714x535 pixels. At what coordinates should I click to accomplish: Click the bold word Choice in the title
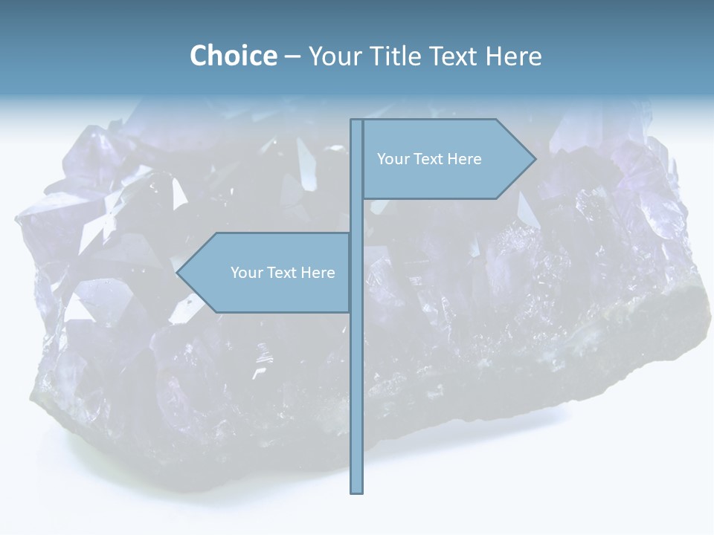[x=233, y=56]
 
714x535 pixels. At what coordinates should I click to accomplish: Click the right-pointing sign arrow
[x=446, y=159]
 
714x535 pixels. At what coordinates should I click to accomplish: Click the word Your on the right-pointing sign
[x=393, y=159]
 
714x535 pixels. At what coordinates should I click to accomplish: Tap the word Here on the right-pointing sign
[x=465, y=159]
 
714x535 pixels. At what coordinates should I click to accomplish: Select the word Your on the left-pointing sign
[x=246, y=273]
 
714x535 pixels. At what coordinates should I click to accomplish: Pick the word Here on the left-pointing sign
[x=318, y=273]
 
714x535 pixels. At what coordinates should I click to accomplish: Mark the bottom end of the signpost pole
[x=356, y=490]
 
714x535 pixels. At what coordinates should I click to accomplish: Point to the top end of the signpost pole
[x=356, y=121]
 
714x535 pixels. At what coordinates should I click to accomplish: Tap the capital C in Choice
[x=199, y=56]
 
